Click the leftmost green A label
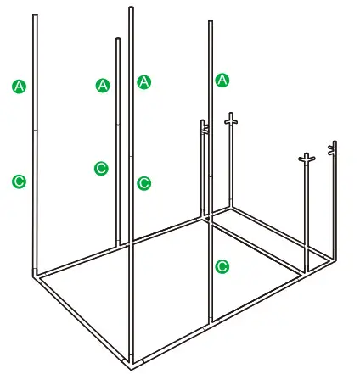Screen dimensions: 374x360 click(x=19, y=85)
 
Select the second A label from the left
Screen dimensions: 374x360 click(x=103, y=85)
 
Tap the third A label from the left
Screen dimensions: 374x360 click(x=143, y=81)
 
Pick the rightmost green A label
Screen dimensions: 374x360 click(x=223, y=80)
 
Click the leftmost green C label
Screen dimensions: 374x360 click(x=19, y=180)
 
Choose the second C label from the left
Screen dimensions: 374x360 click(x=102, y=168)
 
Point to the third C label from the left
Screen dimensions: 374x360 click(x=143, y=182)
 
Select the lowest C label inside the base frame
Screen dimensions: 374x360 click(x=222, y=266)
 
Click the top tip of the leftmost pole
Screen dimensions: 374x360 click(x=35, y=15)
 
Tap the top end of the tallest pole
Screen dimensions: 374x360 click(x=131, y=8)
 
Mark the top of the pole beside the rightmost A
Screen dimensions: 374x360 click(x=211, y=21)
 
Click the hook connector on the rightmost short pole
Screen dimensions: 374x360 click(x=333, y=149)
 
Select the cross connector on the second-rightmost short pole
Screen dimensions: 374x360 click(x=307, y=159)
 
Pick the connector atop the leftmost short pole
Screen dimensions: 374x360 click(x=204, y=126)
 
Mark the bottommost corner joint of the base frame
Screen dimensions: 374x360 click(x=132, y=366)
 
